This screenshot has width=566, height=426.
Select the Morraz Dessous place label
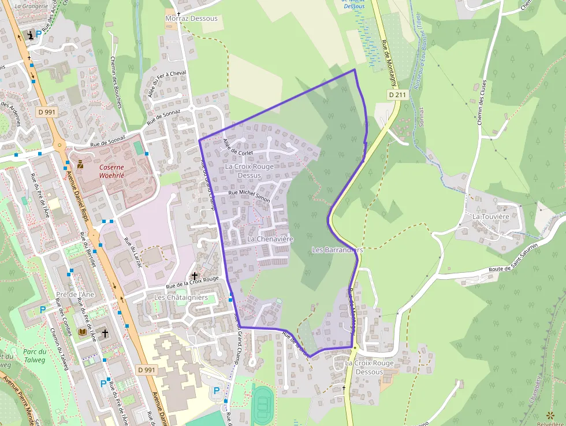pos(191,18)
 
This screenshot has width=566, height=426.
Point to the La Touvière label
pos(490,216)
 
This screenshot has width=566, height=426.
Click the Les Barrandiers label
pos(337,250)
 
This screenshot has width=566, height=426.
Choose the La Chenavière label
pos(270,239)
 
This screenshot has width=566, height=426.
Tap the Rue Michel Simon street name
pos(249,196)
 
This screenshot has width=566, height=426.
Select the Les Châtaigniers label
pos(181,297)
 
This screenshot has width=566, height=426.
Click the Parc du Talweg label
pos(35,355)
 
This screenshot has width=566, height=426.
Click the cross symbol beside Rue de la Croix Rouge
pos(195,276)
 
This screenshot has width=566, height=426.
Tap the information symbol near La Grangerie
pos(30,35)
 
